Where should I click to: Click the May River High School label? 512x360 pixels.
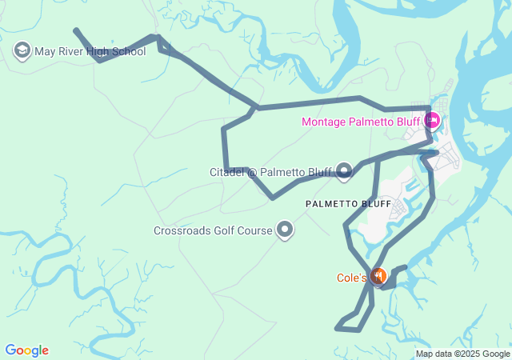click(90, 52)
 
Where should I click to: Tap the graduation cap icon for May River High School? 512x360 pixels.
click(22, 52)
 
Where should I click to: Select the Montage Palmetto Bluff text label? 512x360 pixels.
click(360, 122)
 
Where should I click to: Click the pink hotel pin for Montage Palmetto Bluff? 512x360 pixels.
click(432, 121)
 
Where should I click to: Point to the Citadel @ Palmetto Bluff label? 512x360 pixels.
click(270, 172)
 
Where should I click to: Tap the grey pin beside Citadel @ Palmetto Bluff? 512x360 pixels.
click(345, 170)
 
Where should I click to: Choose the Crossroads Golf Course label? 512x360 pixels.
click(213, 231)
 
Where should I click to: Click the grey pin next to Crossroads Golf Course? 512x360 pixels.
click(285, 230)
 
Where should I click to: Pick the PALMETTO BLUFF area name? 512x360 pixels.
click(348, 205)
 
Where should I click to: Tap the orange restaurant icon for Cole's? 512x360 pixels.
click(378, 277)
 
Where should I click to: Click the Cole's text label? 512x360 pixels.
click(350, 278)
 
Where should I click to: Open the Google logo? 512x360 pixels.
click(26, 350)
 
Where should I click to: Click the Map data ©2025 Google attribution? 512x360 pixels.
click(462, 354)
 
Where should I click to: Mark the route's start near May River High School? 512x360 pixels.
click(75, 30)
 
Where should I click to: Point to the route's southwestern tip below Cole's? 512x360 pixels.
click(336, 327)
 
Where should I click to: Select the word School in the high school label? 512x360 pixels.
click(128, 52)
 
